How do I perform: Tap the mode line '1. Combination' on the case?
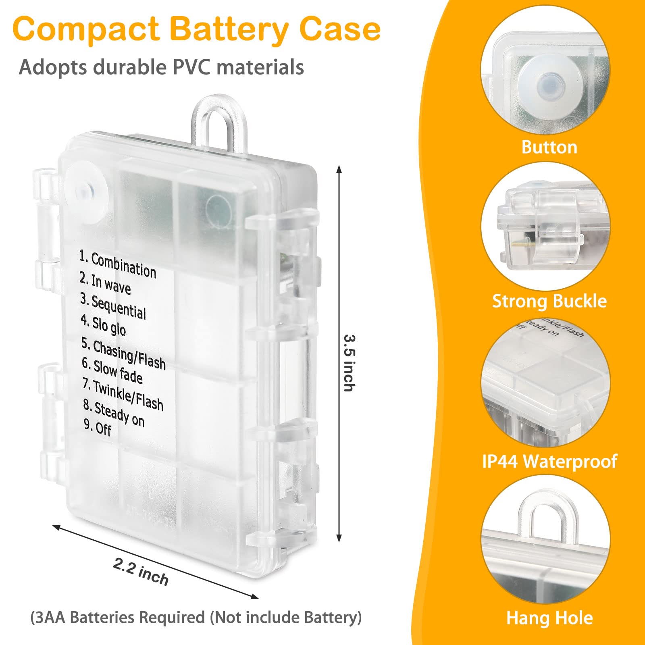tap(117, 264)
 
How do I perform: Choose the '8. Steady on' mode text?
tap(114, 413)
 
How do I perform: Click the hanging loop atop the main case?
tap(218, 121)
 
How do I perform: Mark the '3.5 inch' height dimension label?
tap(349, 362)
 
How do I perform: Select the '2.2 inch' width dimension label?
tap(141, 571)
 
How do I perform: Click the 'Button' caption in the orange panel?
tap(549, 147)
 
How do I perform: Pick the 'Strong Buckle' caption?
tap(549, 301)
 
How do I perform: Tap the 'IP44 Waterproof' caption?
tap(549, 461)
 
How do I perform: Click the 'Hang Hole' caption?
tap(549, 618)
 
